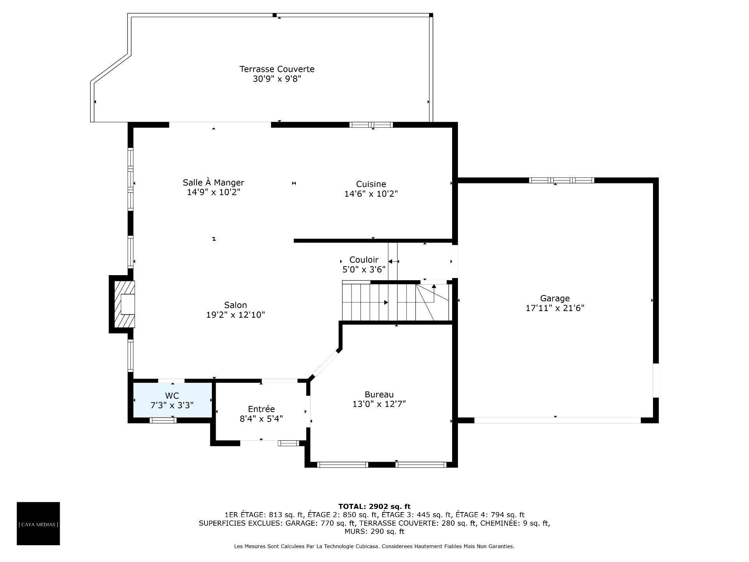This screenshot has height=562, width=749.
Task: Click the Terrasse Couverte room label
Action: (x=277, y=69)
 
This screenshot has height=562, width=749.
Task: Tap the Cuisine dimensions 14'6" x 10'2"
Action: (x=371, y=194)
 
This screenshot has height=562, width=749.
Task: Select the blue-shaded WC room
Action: (x=172, y=401)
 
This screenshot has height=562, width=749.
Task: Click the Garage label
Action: (x=555, y=299)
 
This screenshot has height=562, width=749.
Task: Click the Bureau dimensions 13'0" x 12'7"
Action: (x=379, y=404)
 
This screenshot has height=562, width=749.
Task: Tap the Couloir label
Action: (x=364, y=260)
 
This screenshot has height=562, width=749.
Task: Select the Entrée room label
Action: (x=261, y=409)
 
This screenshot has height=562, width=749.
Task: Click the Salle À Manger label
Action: (x=213, y=183)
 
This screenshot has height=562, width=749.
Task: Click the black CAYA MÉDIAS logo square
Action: (x=38, y=523)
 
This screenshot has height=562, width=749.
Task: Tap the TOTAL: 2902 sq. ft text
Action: (x=374, y=507)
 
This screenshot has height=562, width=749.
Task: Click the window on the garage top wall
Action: (x=561, y=180)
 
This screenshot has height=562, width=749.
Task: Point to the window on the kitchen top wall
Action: (x=371, y=125)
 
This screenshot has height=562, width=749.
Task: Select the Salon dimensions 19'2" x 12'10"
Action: (x=235, y=315)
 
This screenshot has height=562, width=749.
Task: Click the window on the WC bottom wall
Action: (x=163, y=420)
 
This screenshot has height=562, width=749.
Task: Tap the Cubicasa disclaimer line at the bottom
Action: (x=374, y=546)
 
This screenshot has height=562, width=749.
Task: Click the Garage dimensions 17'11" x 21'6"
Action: (x=555, y=308)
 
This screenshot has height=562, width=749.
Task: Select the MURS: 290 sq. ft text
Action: (x=374, y=532)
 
